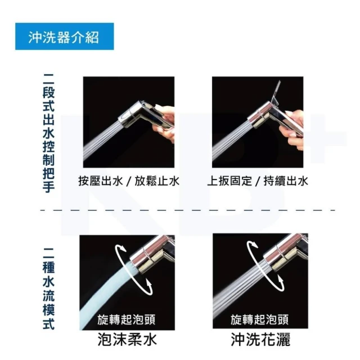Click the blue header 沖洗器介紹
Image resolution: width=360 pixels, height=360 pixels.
click(64, 36)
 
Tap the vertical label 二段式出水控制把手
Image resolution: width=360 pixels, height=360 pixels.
click(48, 133)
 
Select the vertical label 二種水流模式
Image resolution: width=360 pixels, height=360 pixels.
click(48, 289)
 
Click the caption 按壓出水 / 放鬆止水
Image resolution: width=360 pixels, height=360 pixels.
click(129, 181)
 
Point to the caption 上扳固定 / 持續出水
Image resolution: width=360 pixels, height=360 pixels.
click(258, 181)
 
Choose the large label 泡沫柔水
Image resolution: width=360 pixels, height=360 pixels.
click(127, 339)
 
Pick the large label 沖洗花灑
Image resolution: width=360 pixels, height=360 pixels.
click(260, 339)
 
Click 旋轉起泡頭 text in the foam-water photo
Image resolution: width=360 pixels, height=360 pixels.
click(126, 319)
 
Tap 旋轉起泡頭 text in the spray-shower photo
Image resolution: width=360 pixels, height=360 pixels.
click(259, 319)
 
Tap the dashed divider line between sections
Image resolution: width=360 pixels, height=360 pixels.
click(188, 210)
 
